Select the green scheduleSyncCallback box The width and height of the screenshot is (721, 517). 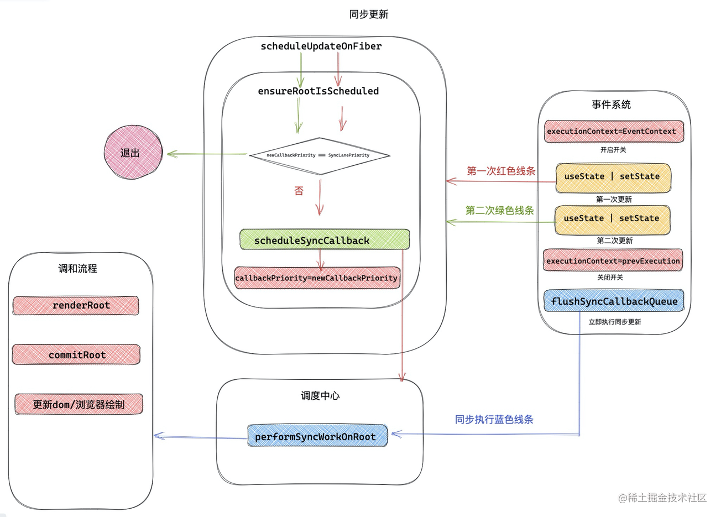325,240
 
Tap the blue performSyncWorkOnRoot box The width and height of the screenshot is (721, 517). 317,436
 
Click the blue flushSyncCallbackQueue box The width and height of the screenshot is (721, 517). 614,301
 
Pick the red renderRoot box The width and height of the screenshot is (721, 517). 76,305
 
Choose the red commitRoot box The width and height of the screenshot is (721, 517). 76,355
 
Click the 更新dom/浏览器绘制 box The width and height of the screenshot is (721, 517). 79,404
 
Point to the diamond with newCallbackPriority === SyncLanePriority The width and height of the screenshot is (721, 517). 319,155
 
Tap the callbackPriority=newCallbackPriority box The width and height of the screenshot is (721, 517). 316,278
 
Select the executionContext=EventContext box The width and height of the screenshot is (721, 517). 613,132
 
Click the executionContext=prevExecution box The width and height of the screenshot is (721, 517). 613,260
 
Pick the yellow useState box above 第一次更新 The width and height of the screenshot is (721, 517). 613,177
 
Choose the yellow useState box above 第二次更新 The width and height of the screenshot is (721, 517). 612,219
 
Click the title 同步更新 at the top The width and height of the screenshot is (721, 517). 369,14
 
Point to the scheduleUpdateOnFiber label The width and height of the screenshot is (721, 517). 321,46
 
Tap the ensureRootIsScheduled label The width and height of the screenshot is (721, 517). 318,91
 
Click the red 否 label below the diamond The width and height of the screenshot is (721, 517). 299,191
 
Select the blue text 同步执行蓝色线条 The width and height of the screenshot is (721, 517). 494,420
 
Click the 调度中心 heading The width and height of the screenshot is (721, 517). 320,395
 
